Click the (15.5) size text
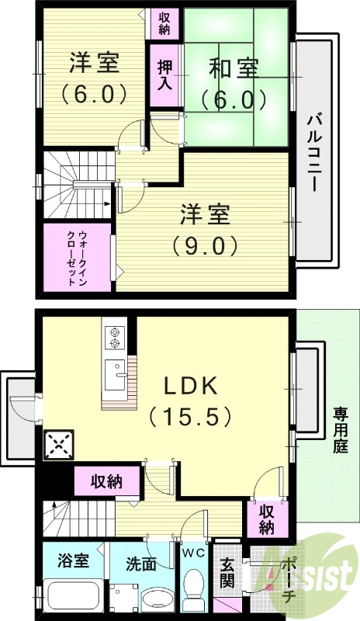191,417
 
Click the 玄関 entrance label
227,574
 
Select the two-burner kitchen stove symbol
116,335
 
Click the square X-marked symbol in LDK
58,445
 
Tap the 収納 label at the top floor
164,23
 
